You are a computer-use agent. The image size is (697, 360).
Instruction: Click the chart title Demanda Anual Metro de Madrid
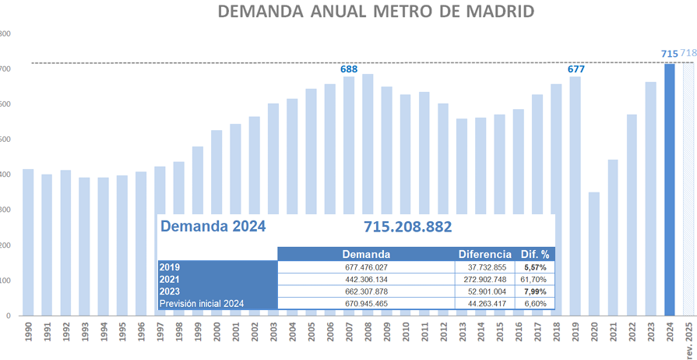point(376,12)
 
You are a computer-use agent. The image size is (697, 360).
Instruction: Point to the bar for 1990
point(28,242)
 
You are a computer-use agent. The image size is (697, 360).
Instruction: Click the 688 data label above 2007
point(349,69)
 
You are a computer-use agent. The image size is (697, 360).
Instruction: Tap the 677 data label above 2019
point(576,69)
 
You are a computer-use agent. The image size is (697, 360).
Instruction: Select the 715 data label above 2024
point(669,54)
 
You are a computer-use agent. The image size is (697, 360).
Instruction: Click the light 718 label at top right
point(688,53)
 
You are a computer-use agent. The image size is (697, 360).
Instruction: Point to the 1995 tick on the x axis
point(122,336)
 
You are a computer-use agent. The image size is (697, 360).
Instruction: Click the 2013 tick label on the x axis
point(463,336)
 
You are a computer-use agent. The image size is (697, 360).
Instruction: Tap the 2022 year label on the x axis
point(632,336)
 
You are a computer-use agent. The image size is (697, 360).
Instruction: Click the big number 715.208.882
point(407,227)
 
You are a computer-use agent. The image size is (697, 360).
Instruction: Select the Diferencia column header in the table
point(484,254)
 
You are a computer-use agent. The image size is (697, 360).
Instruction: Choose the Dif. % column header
point(535,254)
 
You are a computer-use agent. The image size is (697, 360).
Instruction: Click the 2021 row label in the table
point(170,279)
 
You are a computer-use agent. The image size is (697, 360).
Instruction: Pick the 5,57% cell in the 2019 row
point(535,266)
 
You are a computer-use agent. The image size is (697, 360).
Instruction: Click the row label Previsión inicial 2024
point(202,303)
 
